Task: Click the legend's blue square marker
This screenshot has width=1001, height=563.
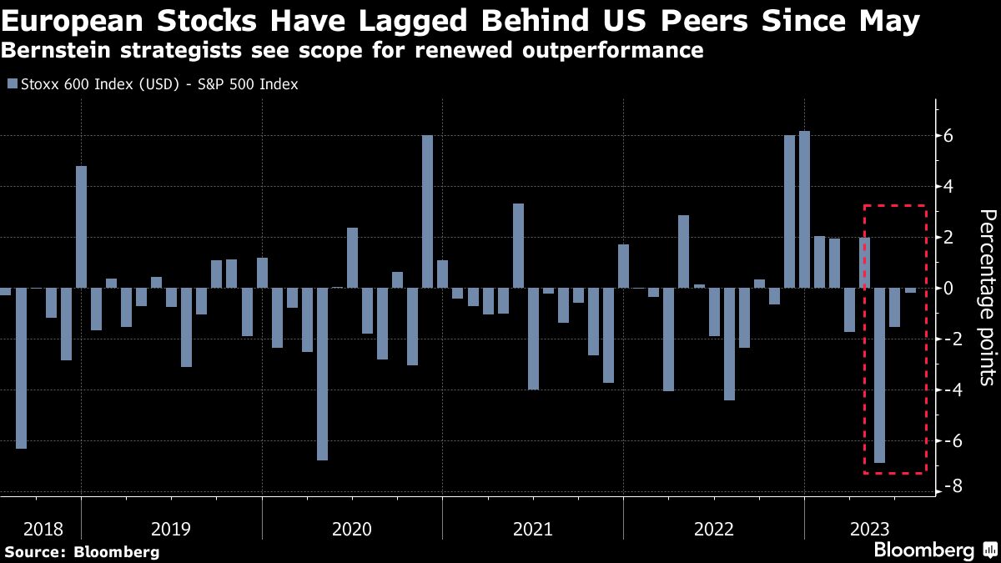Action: pos(10,84)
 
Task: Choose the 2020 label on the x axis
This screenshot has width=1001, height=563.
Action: pos(352,529)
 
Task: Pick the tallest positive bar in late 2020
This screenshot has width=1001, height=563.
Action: pos(427,212)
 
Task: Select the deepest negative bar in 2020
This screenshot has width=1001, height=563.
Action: pos(322,374)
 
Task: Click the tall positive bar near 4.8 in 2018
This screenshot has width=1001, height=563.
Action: pos(81,227)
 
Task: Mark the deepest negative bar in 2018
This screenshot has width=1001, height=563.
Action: pos(21,368)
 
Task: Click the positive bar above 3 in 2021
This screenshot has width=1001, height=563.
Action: pos(518,246)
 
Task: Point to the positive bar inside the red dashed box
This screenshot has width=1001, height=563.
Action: pos(864,263)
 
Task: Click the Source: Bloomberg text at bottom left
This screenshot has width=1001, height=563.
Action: pos(82,551)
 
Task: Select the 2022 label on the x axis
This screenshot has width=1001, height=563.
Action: pos(713,529)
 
